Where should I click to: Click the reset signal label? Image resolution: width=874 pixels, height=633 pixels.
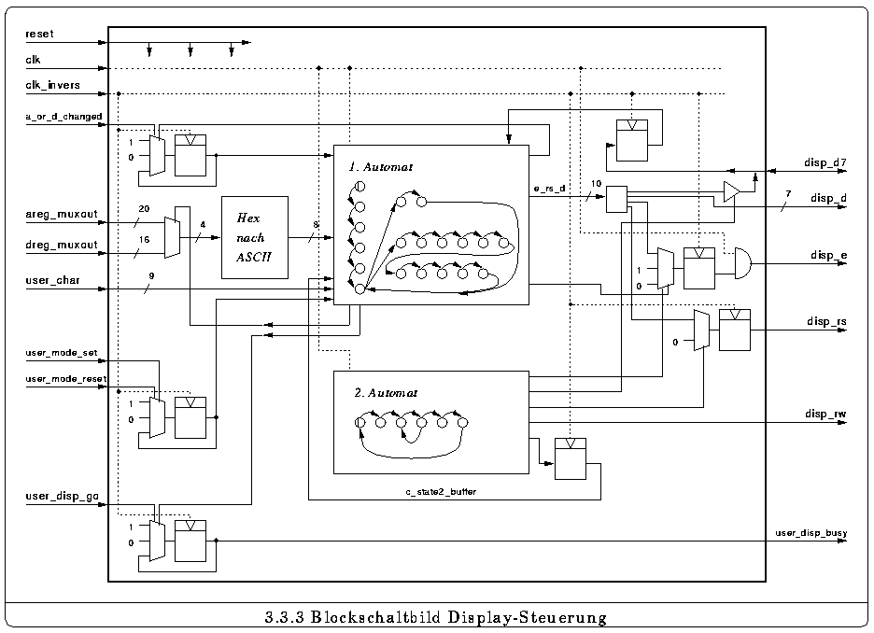point(40,34)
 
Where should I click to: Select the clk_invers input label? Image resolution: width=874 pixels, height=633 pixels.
point(52,86)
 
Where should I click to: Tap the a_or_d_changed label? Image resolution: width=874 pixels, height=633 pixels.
point(63,117)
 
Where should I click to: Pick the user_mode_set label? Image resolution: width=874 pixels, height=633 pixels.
point(62,354)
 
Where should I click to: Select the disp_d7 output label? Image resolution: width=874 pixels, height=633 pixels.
point(825,162)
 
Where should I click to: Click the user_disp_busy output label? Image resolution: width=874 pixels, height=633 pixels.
point(811,533)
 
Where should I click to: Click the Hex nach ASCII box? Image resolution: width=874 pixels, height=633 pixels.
point(254,237)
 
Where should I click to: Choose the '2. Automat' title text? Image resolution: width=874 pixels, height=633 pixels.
point(386,393)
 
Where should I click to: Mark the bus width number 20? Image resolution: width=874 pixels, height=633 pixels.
point(144,209)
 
